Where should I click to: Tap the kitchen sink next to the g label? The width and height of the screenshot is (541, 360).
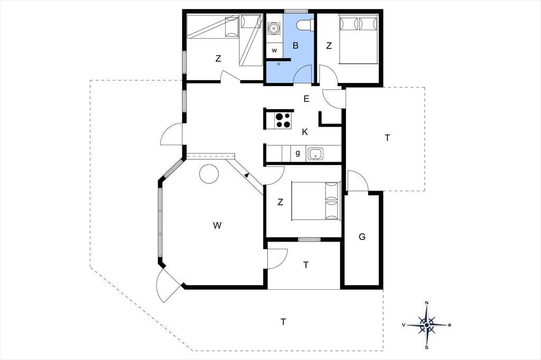click(x=316, y=154)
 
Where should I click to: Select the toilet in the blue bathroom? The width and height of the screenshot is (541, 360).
click(x=305, y=25)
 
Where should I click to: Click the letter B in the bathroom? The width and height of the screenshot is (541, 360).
click(x=295, y=45)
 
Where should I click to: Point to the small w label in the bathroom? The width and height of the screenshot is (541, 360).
click(x=274, y=50)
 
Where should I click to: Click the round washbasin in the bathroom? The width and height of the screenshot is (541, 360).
click(x=274, y=29)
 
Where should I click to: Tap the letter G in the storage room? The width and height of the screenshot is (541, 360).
click(x=362, y=236)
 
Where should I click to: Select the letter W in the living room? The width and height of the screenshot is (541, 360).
click(x=217, y=225)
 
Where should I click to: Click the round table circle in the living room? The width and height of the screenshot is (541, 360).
click(x=209, y=174)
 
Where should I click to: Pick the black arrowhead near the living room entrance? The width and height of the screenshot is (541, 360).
click(x=247, y=175)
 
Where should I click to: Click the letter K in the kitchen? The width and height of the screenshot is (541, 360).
click(x=305, y=132)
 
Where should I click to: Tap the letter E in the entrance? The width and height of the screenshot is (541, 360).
click(x=306, y=99)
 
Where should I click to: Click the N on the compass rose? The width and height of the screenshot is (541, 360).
click(x=427, y=303)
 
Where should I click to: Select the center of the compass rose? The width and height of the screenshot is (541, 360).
click(x=427, y=325)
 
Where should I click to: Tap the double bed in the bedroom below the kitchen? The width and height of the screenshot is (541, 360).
click(x=316, y=201)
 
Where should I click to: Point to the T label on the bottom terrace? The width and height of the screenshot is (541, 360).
click(x=283, y=322)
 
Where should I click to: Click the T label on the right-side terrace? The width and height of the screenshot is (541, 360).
click(x=387, y=138)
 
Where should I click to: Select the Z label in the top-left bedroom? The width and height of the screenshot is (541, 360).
click(x=218, y=59)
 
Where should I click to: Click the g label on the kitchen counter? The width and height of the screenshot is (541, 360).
click(x=298, y=153)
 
